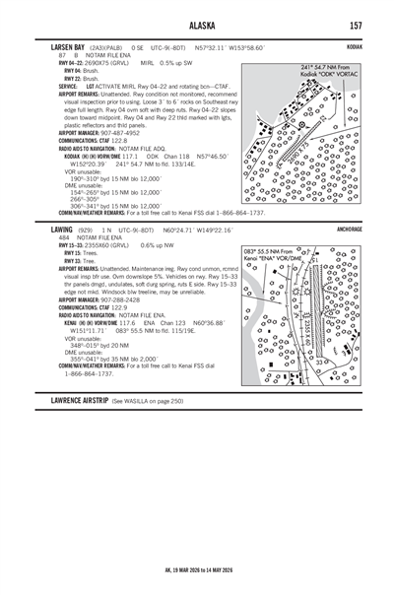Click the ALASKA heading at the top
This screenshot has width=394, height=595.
click(x=197, y=25)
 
